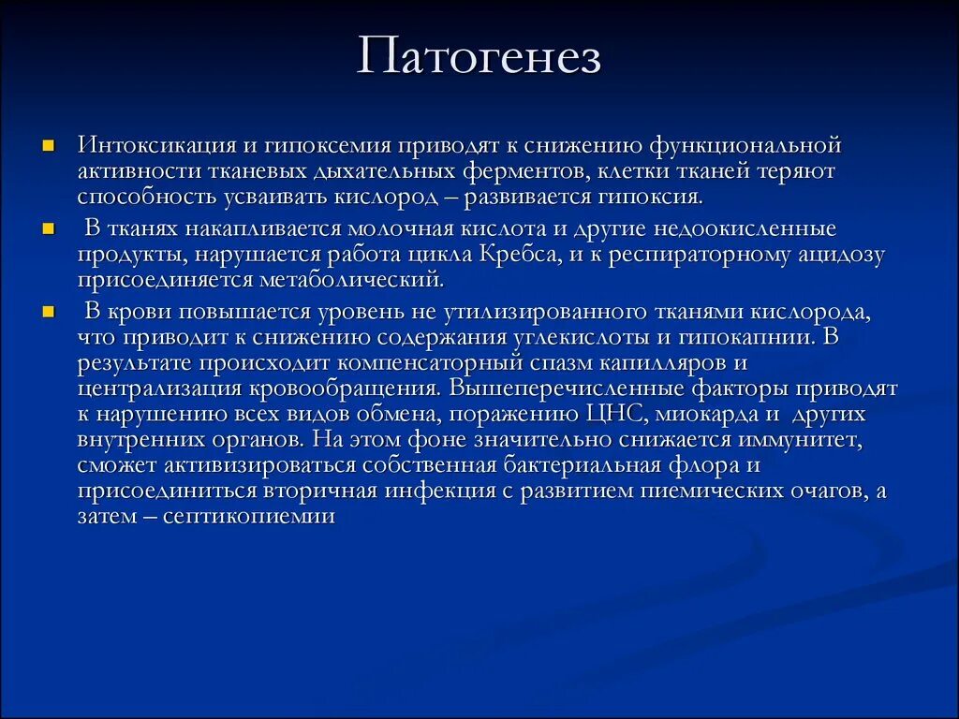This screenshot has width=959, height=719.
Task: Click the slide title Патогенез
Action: tap(479, 58)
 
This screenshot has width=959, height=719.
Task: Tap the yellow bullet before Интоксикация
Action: tap(49, 147)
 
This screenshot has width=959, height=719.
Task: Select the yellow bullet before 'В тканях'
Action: tap(49, 229)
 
